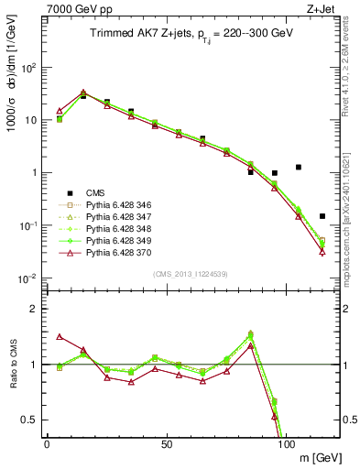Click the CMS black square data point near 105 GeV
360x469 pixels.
point(299,167)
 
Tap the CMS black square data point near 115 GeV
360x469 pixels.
point(322,216)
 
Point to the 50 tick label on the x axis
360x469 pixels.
point(167,443)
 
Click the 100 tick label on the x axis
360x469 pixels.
point(287,443)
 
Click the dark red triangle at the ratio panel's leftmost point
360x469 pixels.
point(60,336)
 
